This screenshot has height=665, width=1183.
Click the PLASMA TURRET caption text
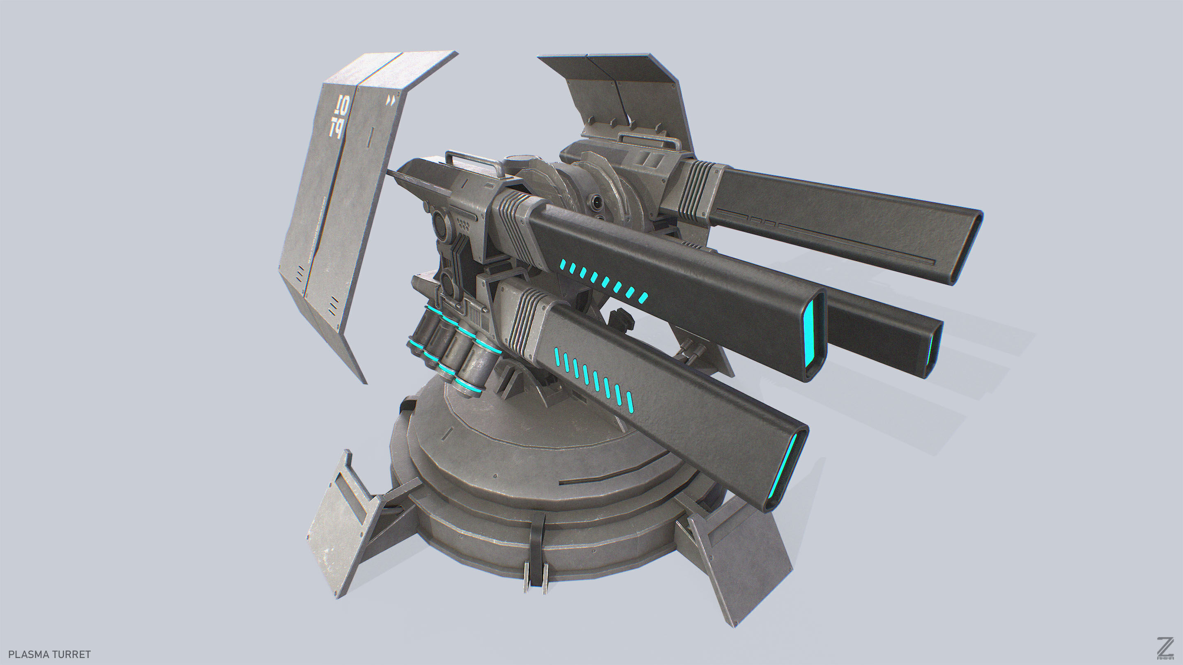(50, 654)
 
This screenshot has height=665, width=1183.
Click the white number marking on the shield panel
(339, 117)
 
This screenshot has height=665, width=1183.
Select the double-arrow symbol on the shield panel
(391, 101)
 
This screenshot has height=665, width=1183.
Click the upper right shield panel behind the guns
(629, 92)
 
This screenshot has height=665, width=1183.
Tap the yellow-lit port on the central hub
(596, 201)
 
